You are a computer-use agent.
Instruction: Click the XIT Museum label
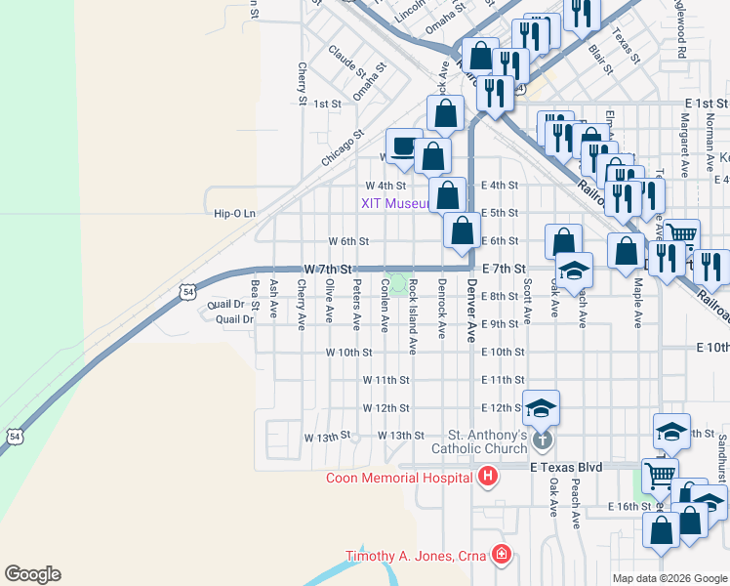pyautogui.click(x=395, y=203)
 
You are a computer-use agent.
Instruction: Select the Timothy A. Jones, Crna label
pyautogui.click(x=420, y=557)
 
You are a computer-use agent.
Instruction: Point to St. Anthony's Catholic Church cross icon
pyautogui.click(x=543, y=441)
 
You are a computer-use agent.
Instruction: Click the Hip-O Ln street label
pyautogui.click(x=235, y=213)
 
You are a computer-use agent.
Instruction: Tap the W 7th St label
pyautogui.click(x=327, y=268)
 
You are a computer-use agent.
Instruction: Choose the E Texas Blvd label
pyautogui.click(x=567, y=469)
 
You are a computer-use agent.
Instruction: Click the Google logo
pyautogui.click(x=32, y=574)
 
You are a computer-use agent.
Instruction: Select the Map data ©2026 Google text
pyautogui.click(x=669, y=578)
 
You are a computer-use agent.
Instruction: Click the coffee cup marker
pyautogui.click(x=403, y=146)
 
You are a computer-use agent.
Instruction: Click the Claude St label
pyautogui.click(x=346, y=62)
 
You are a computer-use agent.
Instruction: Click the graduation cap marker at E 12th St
pyautogui.click(x=542, y=408)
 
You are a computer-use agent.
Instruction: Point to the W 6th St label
pyautogui.click(x=348, y=241)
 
